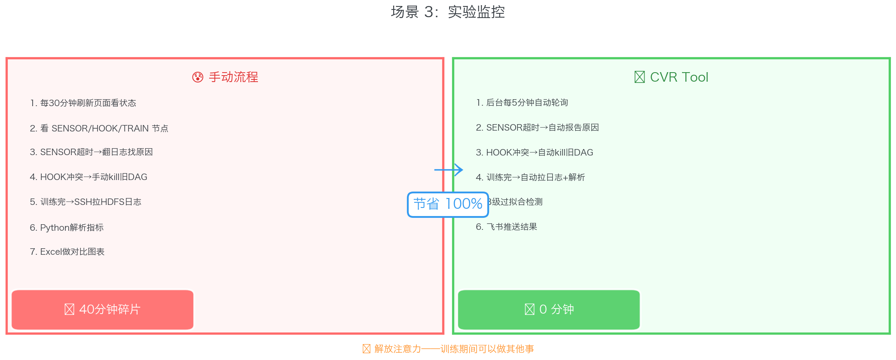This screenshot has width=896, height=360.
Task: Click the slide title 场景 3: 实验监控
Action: pos(448,12)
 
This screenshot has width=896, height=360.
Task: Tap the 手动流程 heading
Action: pos(233,77)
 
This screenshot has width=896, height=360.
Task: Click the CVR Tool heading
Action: pos(679,77)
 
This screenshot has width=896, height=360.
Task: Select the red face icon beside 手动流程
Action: pos(198,77)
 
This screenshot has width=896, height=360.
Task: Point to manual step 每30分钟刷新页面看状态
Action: pos(83,103)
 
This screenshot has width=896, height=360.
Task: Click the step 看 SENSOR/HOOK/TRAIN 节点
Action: pos(99,128)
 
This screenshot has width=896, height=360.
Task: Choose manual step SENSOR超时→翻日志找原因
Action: pos(91,152)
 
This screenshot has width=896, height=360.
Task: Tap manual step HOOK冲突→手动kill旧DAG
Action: pos(89,177)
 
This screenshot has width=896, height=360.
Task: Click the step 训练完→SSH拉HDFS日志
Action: pos(86,202)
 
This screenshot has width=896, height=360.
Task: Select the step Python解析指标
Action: pos(67,228)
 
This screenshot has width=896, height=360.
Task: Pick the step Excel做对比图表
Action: pos(67,252)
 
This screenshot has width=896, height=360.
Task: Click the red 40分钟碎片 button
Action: pos(102,310)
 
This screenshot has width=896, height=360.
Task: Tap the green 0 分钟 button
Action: pos(549,310)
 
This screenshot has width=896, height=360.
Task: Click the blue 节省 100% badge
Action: pos(448,204)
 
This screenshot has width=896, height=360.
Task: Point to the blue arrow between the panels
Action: pos(449,170)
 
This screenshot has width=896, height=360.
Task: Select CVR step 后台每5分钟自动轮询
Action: pos(522,103)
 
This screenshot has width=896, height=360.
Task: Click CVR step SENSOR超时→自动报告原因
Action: pos(537,128)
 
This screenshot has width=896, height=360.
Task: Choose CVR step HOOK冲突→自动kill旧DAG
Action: pos(534,153)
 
